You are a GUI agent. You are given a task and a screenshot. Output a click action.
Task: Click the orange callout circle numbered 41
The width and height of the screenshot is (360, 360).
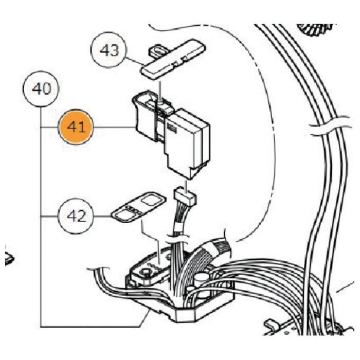coord(76,127)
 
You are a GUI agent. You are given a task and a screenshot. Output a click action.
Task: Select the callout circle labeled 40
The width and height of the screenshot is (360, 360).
coord(41,89)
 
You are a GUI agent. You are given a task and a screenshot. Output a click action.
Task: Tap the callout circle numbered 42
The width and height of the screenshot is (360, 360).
coord(76,216)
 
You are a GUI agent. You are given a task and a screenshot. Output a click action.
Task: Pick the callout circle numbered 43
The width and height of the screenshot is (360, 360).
coord(109,49)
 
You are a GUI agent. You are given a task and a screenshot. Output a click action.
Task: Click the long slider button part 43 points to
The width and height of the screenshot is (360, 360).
coord(173,60)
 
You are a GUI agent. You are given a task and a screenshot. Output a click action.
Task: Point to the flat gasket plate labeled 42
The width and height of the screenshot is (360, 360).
coord(139,207)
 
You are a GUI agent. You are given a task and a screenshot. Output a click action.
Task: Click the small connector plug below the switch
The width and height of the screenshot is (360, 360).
coord(186,196)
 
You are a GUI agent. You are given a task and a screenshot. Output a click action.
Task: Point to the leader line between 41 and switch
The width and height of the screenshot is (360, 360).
coord(114,127)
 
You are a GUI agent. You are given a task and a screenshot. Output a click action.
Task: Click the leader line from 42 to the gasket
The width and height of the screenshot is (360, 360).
coord(103,216)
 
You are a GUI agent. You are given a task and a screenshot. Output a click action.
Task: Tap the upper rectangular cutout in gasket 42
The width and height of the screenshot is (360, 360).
coord(151,200)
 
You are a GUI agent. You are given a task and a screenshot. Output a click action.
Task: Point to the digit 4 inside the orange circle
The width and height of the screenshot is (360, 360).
coord(71,127)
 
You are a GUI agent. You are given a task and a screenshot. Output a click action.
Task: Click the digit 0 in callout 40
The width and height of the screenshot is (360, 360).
coord(47,89)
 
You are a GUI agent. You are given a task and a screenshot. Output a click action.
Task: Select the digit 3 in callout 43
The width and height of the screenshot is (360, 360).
coord(114,50)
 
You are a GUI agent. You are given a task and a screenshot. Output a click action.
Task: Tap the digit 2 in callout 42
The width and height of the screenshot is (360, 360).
coord(81,217)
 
